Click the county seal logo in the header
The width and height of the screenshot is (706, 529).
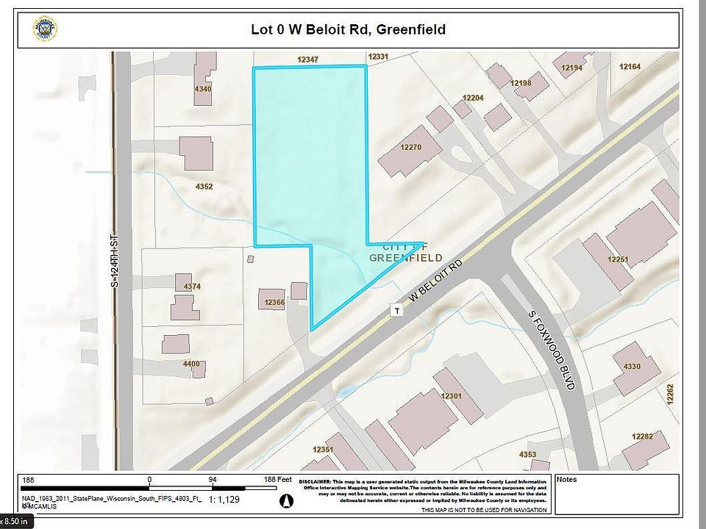point(46,29)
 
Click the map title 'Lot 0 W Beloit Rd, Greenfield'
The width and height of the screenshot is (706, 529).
point(348,30)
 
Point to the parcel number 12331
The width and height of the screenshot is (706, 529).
point(378,57)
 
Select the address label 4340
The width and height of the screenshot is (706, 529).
point(203,89)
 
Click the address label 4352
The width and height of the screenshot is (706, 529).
point(204,187)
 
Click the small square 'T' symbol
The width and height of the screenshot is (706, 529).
point(397,311)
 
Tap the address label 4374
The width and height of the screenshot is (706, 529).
point(183,287)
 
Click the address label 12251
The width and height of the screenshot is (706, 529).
point(618,259)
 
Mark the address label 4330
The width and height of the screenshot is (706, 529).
point(632,367)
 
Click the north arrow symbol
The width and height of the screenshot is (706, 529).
point(288,500)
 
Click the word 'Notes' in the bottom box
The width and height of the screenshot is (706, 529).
point(568,480)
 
